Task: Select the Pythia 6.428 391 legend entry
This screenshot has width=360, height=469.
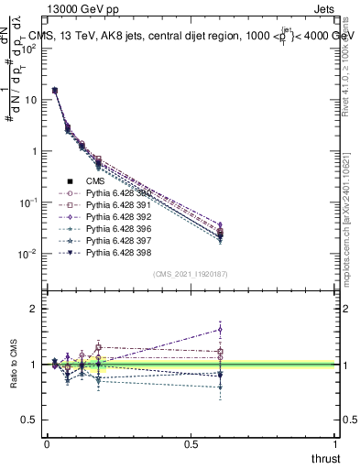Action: coord(115,205)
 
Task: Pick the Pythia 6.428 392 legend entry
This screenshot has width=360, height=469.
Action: coord(115,217)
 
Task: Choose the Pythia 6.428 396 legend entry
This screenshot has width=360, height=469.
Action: coord(115,228)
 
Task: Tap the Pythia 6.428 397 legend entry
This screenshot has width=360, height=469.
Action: coord(115,240)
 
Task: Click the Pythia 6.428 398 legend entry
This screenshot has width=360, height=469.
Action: coord(115,252)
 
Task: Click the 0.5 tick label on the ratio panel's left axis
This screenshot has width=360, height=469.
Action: coord(30,420)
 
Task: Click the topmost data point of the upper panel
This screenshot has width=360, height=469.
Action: coord(55,91)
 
